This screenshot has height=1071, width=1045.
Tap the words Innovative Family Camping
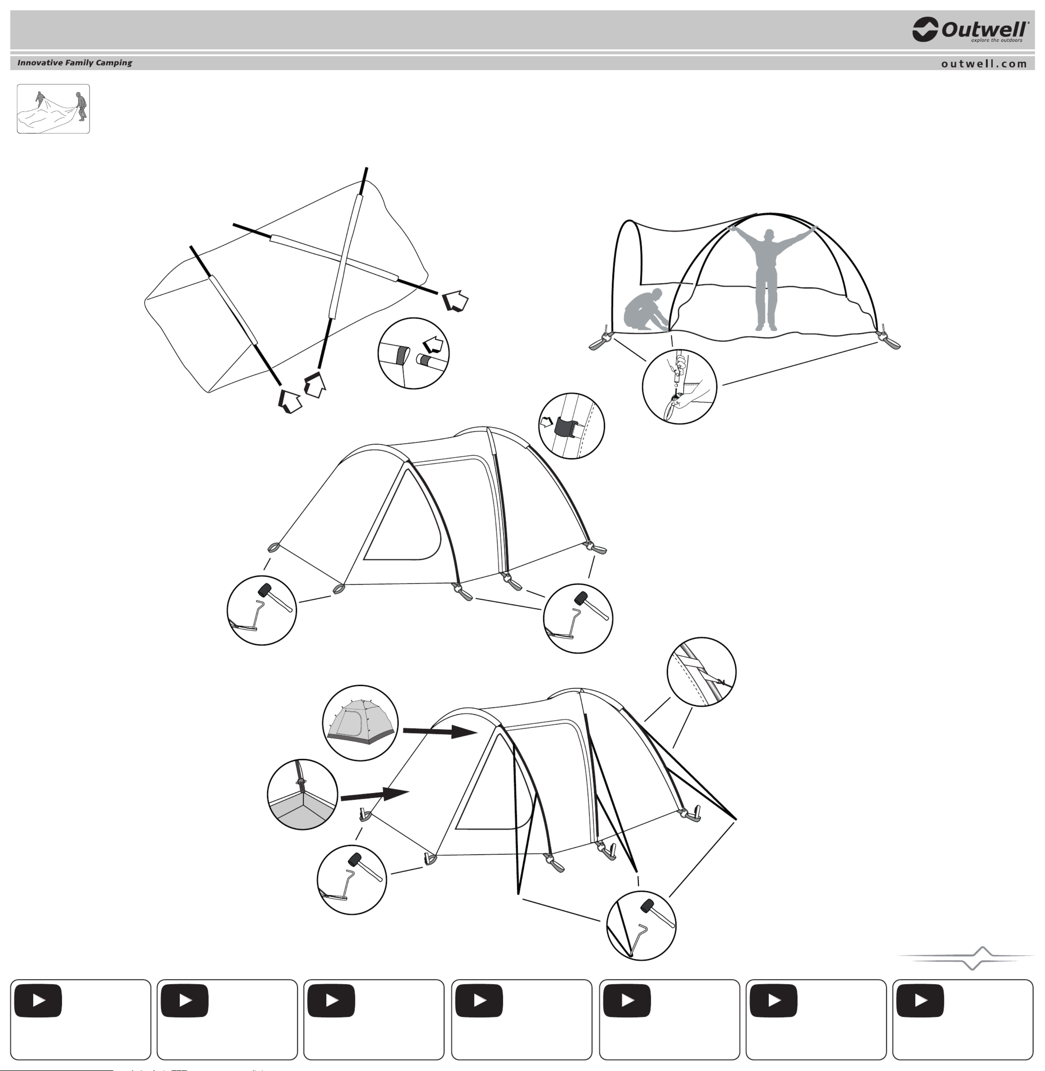click(74, 63)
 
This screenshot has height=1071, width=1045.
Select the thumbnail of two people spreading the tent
click(53, 109)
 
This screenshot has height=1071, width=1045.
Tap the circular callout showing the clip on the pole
click(571, 426)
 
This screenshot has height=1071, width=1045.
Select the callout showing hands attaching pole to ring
click(679, 386)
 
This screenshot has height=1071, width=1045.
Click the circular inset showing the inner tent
click(361, 723)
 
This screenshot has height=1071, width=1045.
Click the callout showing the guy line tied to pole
click(701, 672)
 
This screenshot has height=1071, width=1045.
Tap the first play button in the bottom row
click(38, 1001)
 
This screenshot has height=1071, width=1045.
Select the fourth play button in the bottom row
click(479, 1001)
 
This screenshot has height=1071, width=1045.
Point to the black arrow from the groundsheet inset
click(375, 794)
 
